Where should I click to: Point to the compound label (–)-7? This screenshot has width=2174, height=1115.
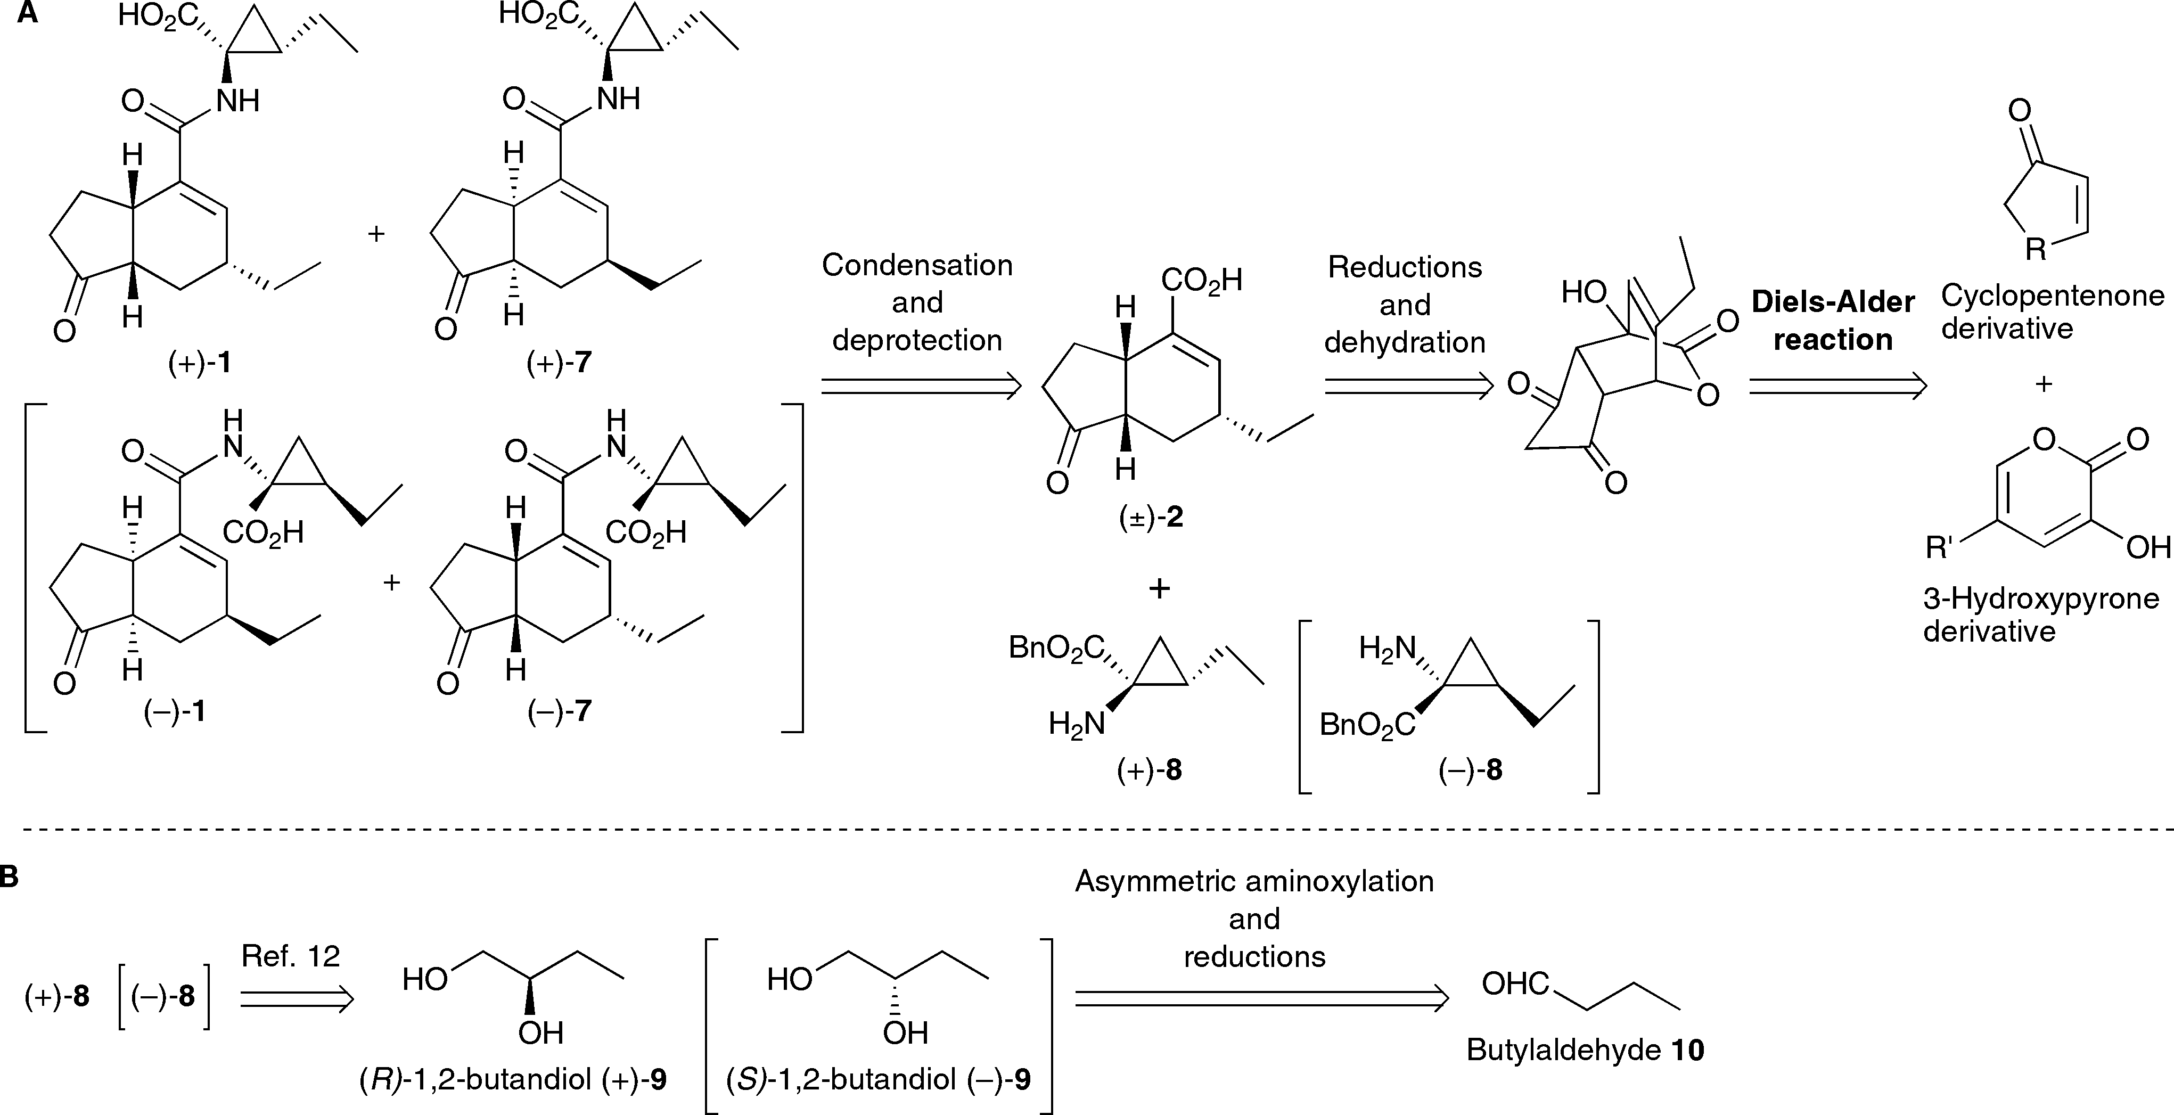click(x=559, y=711)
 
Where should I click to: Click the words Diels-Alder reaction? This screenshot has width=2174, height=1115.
click(x=1832, y=321)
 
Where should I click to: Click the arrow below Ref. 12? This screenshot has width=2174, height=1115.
click(x=296, y=999)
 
